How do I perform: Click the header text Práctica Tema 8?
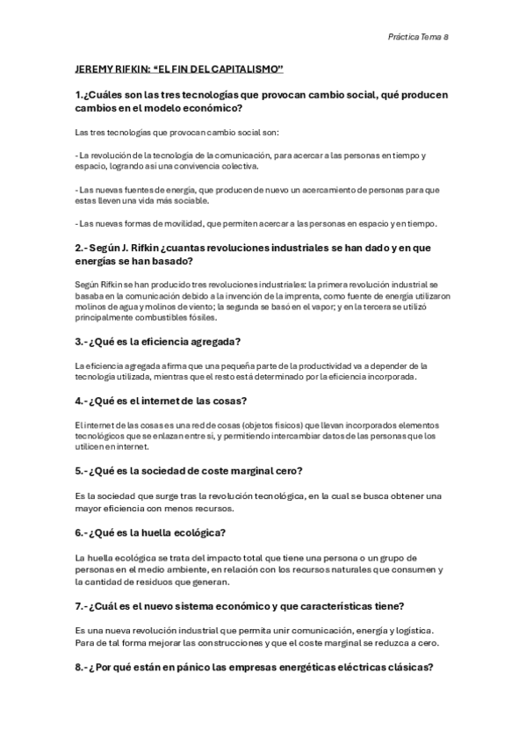coord(418,37)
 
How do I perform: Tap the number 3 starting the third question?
coord(78,341)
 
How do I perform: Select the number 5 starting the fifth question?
coord(78,470)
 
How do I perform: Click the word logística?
coord(413,631)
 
